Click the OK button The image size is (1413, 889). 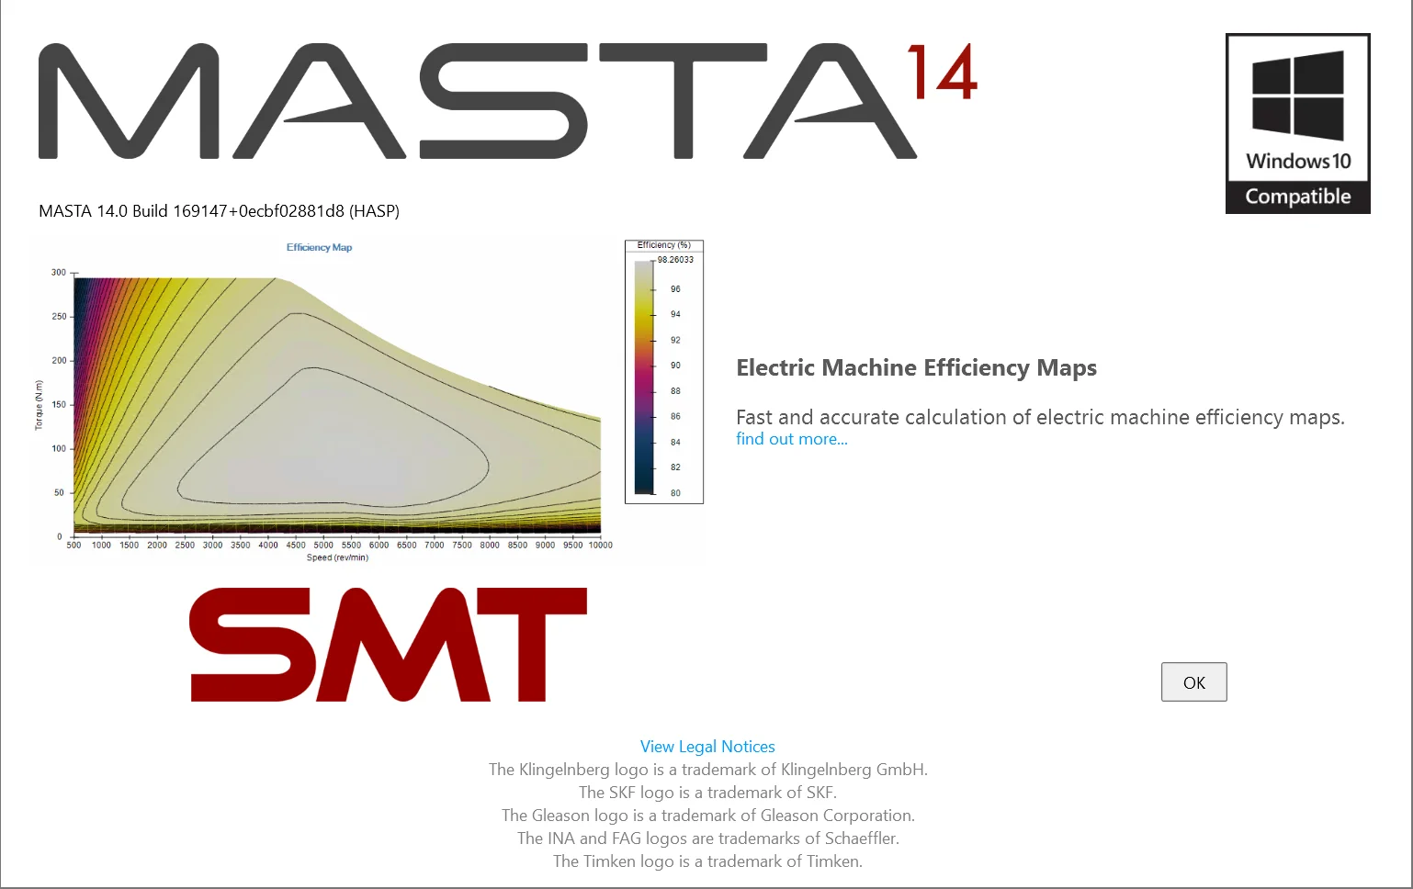click(x=1193, y=682)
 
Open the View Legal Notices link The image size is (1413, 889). click(x=707, y=747)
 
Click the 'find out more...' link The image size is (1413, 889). click(x=791, y=439)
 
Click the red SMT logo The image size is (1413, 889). click(x=388, y=645)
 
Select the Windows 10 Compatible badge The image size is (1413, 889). click(x=1297, y=124)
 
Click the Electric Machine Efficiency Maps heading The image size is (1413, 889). click(x=916, y=368)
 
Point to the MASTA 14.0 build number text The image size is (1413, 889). click(x=219, y=211)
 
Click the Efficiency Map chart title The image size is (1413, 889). click(x=319, y=247)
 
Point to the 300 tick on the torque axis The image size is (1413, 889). click(x=59, y=273)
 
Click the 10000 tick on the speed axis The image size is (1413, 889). click(x=600, y=546)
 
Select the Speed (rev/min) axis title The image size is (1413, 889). click(x=337, y=557)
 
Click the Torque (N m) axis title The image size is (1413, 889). click(x=39, y=405)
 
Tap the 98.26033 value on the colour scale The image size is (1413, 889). click(x=675, y=260)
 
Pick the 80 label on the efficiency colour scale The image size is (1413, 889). click(x=675, y=493)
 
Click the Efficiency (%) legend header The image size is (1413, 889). click(x=663, y=245)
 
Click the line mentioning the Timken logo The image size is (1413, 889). click(x=707, y=861)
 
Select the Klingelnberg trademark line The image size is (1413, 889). click(x=707, y=770)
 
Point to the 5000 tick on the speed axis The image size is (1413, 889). click(x=323, y=546)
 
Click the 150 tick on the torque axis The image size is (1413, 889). click(x=59, y=405)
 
